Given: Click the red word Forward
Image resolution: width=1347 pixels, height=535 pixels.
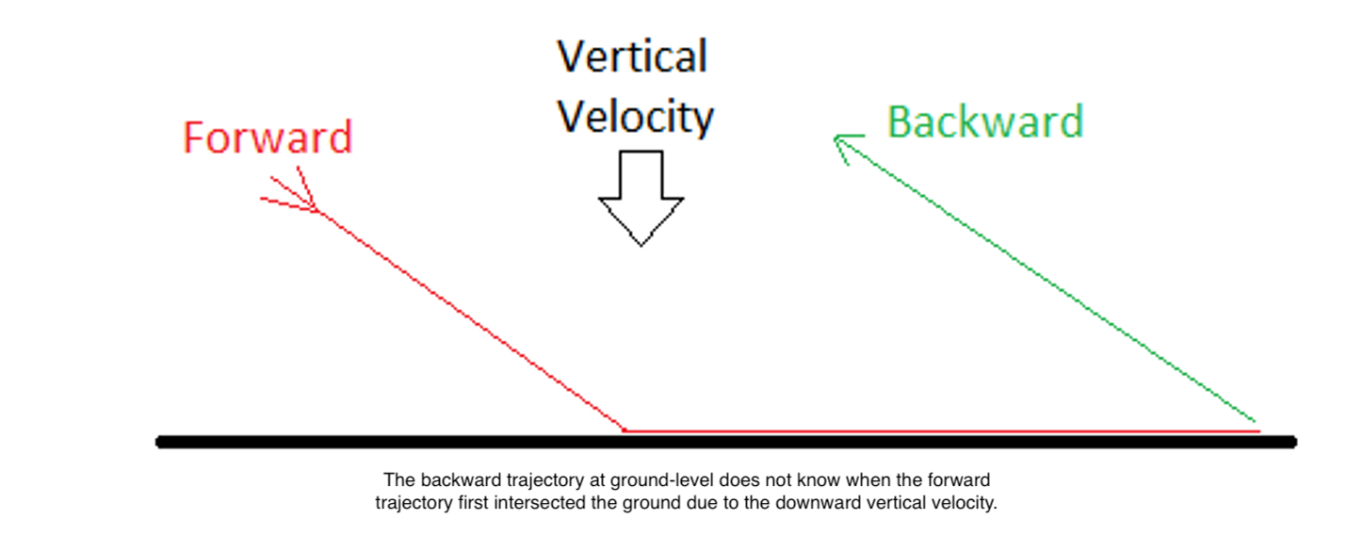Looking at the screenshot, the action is coord(268,138).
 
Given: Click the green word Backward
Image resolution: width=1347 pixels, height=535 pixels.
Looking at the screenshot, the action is coord(985,122).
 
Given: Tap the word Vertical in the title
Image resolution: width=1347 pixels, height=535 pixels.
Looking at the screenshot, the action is coord(632,57).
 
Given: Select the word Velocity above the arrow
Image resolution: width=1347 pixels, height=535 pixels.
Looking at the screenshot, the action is coord(635,117).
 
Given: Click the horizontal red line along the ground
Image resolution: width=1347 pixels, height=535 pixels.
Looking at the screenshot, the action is coord(942,431).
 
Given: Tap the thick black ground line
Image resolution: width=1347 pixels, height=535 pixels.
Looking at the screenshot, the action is coord(726,443).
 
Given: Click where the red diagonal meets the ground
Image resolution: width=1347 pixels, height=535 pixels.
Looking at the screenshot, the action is coord(625,430).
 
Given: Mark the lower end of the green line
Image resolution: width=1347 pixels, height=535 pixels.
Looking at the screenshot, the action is coord(1255,421).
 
